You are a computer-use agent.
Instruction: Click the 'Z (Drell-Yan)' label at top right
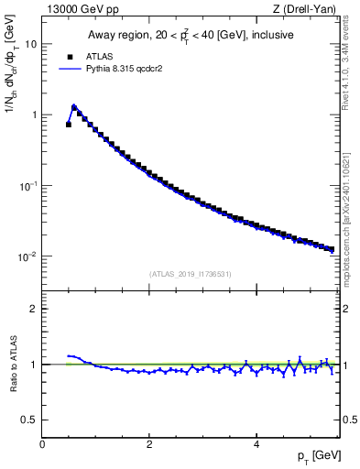coord(309,9)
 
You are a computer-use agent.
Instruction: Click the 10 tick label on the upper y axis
coord(31,44)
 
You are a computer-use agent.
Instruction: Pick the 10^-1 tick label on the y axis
coord(28,185)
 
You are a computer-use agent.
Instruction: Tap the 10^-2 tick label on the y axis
coord(28,256)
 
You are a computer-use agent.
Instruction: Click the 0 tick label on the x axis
coord(42,444)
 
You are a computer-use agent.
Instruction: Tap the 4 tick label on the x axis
coord(256,444)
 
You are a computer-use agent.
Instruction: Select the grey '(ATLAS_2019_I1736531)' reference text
coord(191,274)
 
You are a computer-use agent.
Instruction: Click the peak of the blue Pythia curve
coord(74,106)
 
